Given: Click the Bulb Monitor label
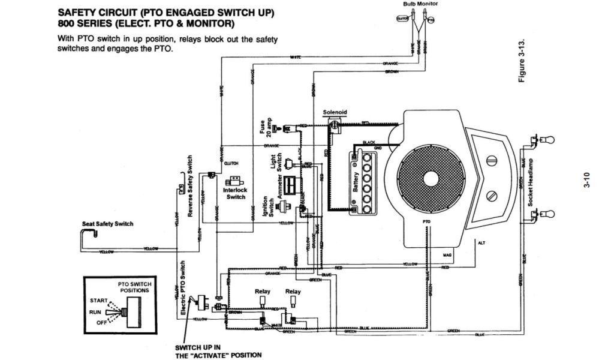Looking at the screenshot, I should click(420, 4).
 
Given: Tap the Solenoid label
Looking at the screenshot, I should click(335, 112).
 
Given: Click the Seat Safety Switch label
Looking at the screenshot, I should click(107, 224).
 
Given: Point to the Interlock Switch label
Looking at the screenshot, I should click(236, 193).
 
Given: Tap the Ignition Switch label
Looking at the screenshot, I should click(268, 206).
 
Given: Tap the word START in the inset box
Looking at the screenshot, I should click(100, 300).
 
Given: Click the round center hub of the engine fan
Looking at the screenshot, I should click(431, 178).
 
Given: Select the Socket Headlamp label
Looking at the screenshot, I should click(531, 183).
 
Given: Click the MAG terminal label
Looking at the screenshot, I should click(447, 255).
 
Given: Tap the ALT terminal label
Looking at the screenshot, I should click(481, 243).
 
